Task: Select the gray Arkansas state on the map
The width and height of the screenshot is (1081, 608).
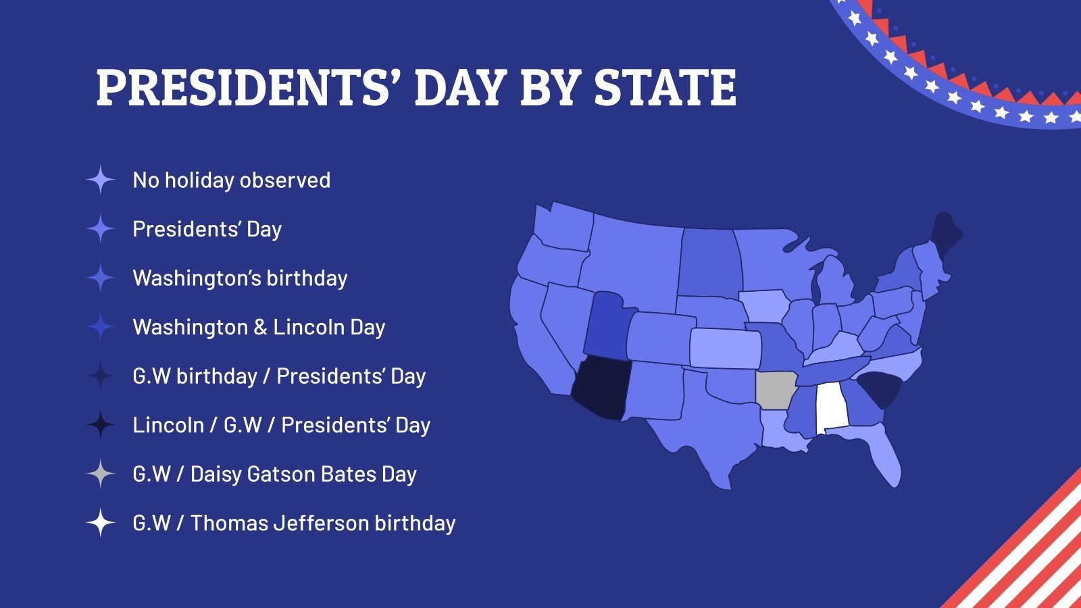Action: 774,390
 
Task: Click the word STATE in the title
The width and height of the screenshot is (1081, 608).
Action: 665,88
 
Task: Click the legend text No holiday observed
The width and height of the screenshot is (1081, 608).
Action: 231,180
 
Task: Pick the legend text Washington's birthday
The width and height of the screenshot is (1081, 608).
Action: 240,278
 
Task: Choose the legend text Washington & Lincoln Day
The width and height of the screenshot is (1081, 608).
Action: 259,328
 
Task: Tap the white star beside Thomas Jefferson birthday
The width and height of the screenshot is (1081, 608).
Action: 101,523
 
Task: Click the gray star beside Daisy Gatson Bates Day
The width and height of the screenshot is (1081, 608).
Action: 101,474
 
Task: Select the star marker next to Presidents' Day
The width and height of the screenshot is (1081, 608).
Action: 101,229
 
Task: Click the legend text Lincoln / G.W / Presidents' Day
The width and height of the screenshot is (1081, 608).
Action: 281,426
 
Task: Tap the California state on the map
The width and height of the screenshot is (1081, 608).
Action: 534,338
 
